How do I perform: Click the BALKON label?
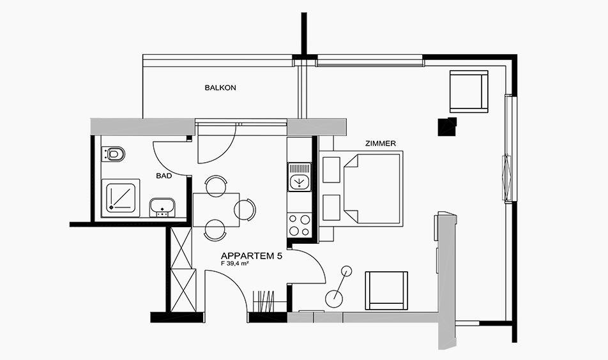click(x=220, y=88)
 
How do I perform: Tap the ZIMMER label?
click(x=381, y=144)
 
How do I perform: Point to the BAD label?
click(x=164, y=176)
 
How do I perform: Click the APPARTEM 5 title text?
click(x=251, y=256)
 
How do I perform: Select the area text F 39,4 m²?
click(x=234, y=264)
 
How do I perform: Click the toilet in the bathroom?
click(x=113, y=154)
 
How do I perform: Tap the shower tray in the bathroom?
click(x=120, y=198)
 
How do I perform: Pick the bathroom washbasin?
click(x=162, y=207)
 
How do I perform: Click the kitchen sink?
click(x=299, y=177)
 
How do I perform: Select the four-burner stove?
click(x=300, y=225)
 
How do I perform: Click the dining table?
click(x=216, y=209)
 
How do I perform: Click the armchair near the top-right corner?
click(x=468, y=91)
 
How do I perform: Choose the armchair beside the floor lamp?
click(x=386, y=290)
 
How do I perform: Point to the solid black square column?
click(x=447, y=127)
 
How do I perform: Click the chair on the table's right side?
click(x=245, y=209)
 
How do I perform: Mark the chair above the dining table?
click(x=216, y=185)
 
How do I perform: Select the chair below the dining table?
click(x=215, y=231)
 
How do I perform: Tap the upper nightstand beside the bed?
click(x=331, y=169)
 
